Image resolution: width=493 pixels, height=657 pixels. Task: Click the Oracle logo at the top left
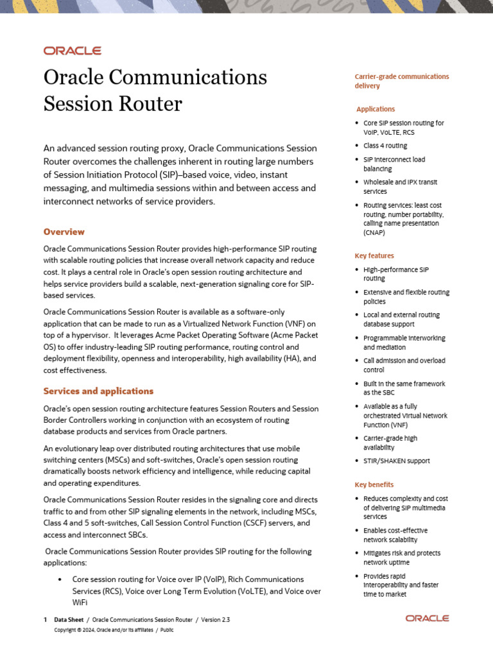[72, 51]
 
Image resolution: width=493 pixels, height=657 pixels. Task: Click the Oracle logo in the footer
[427, 619]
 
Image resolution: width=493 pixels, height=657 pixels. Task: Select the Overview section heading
[64, 232]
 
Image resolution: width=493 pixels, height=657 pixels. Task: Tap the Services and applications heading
[98, 391]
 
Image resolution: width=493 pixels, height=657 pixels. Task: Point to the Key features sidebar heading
[374, 255]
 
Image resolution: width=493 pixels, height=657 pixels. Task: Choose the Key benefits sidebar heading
[374, 484]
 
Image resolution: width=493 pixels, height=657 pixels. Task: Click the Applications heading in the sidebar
[376, 109]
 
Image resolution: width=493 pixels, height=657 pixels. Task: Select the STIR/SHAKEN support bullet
[396, 461]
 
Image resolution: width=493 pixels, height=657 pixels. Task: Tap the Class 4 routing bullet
[385, 146]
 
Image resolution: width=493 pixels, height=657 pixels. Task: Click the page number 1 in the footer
[45, 620]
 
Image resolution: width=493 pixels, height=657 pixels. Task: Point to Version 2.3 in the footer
[216, 620]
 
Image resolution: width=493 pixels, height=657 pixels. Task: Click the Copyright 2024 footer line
[113, 630]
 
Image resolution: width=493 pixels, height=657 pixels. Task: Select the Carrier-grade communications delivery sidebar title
[402, 81]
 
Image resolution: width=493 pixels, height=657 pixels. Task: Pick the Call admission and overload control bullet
[404, 364]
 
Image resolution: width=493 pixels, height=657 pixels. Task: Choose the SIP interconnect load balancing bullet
[394, 164]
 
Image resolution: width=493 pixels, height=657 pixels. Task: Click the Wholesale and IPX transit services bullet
[400, 187]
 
